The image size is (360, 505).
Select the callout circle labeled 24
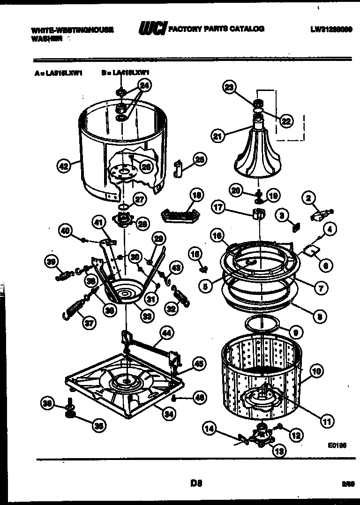(145, 86)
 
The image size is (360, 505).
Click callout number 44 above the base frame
(165, 333)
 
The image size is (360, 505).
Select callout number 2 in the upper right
(308, 198)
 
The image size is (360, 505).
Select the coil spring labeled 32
(180, 295)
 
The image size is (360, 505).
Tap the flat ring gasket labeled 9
(262, 323)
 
